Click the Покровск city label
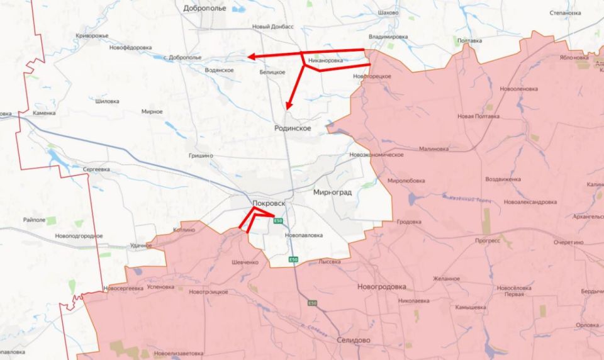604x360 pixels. coord(269,204)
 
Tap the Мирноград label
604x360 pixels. coord(332,192)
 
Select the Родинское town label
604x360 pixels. coord(293,128)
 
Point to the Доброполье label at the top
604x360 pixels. coord(204,8)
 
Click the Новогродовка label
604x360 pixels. coord(381,286)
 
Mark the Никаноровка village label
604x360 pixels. coord(326,61)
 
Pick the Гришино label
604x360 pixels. coord(201,155)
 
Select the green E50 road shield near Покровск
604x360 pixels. coord(279,220)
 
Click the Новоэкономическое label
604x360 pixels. coord(376,155)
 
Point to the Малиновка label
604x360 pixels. coord(434,149)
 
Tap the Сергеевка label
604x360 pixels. coord(96,169)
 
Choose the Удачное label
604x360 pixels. coord(142,245)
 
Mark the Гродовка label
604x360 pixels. coord(409,222)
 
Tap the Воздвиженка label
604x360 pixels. coord(503,179)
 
